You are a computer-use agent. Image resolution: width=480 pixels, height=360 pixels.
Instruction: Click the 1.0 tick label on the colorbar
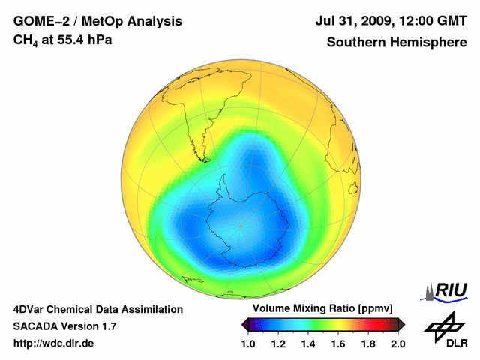click(249, 343)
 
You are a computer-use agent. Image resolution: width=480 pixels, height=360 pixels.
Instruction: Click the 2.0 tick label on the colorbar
click(397, 343)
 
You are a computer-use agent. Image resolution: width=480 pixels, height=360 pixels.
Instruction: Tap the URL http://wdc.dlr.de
click(54, 343)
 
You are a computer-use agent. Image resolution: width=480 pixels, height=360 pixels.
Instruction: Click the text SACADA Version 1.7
click(64, 326)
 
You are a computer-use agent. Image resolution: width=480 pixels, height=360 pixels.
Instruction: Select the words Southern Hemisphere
click(397, 42)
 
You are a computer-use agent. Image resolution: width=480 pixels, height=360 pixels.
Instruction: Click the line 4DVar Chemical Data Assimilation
click(98, 309)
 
